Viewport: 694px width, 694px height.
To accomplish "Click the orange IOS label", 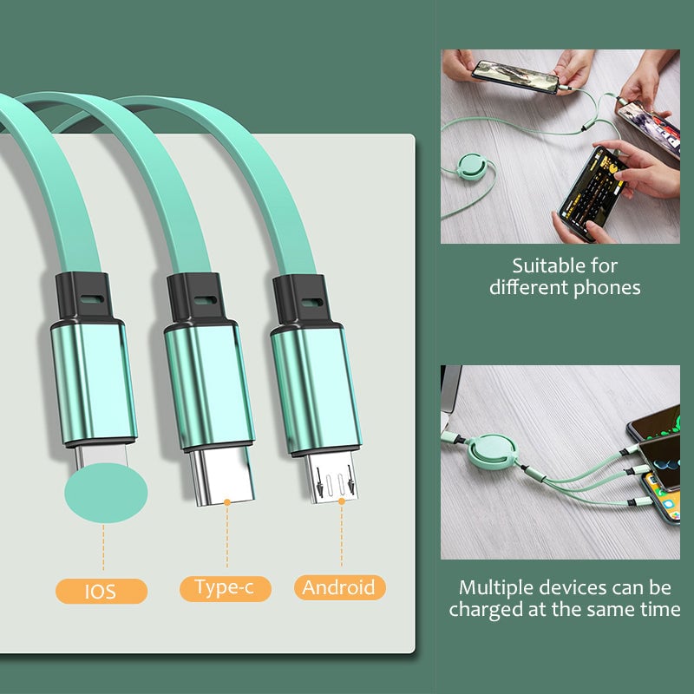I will (x=101, y=592).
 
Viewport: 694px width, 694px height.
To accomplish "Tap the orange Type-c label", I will (x=225, y=588).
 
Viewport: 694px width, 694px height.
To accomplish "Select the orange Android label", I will (x=339, y=587).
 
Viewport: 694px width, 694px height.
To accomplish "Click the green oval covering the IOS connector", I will (x=106, y=492).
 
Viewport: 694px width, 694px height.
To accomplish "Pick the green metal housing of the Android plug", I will (x=316, y=386).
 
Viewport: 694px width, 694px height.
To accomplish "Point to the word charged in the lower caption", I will (x=482, y=610).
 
